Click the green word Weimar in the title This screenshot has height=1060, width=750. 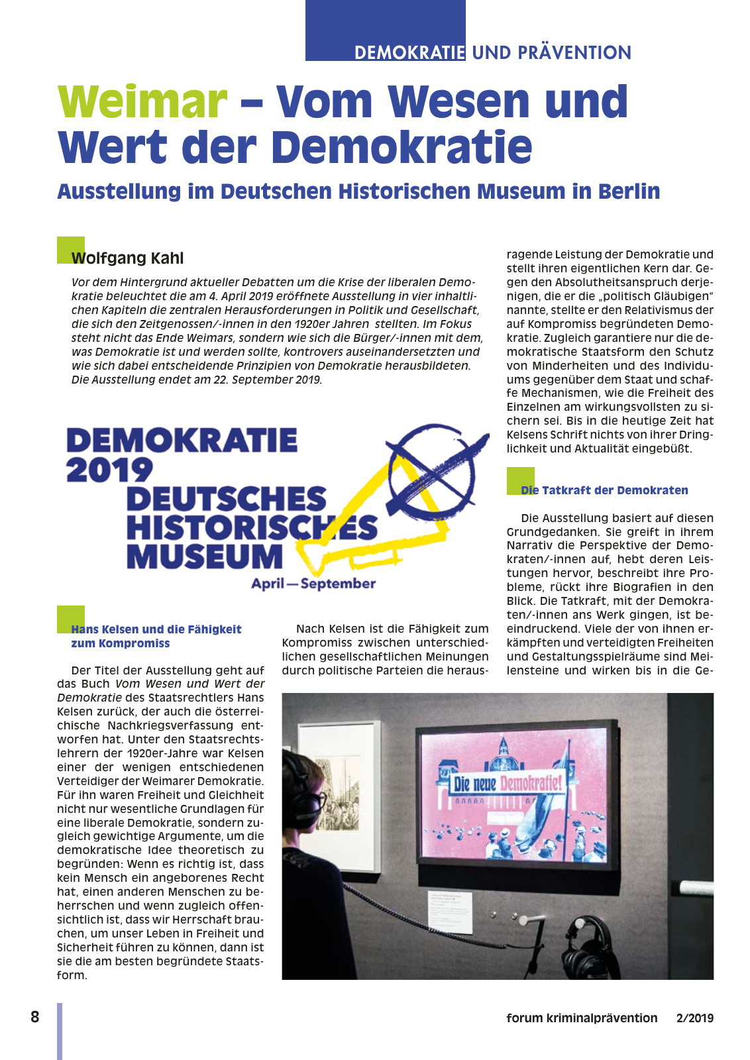[x=142, y=102]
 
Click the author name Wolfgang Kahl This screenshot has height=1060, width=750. [x=127, y=258]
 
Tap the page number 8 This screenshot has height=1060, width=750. [x=35, y=1017]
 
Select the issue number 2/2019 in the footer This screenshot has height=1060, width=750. [x=695, y=1018]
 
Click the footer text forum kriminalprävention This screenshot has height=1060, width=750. [x=582, y=1018]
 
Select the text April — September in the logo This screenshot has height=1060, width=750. [x=313, y=584]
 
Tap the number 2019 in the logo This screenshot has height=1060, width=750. [x=109, y=470]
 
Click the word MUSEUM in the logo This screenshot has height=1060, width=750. [x=205, y=556]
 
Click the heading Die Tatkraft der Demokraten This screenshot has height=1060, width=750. [x=604, y=490]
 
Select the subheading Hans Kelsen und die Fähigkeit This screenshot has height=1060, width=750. [x=156, y=629]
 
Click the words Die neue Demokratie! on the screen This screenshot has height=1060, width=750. [x=508, y=783]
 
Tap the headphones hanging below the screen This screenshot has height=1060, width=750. [x=588, y=944]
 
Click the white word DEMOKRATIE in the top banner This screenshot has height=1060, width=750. [x=409, y=52]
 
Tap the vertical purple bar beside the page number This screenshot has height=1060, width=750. [x=60, y=1030]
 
